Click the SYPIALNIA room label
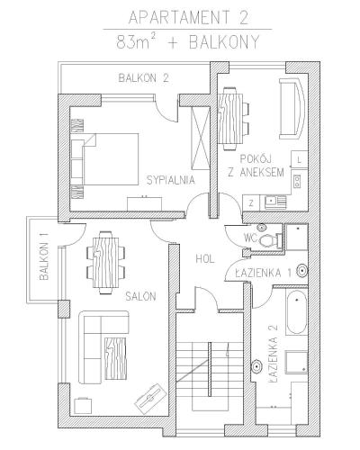click(171, 180)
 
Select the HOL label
click(205, 259)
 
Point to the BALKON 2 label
click(144, 78)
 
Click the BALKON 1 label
click(44, 256)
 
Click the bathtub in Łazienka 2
click(296, 312)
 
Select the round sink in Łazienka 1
click(302, 271)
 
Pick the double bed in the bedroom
click(105, 159)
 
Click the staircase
click(210, 370)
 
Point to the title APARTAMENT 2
click(189, 17)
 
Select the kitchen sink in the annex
click(275, 202)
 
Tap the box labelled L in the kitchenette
click(300, 159)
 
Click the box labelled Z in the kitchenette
click(251, 203)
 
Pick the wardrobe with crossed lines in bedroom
click(200, 138)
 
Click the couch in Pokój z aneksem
click(292, 109)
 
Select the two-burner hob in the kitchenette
click(297, 182)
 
